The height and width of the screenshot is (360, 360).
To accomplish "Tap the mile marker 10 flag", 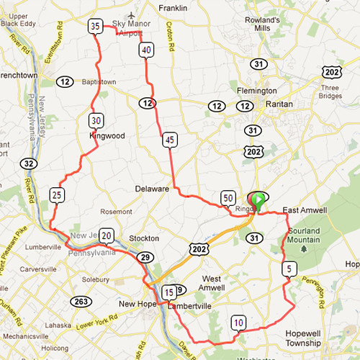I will coord(238,322).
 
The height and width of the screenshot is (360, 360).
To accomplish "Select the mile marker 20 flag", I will coord(107,235).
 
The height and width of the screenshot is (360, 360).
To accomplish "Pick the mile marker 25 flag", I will coord(58,194).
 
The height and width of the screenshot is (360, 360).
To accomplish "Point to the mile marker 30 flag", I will coord(96,120).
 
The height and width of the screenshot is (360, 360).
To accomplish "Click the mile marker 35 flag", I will coord(95,27).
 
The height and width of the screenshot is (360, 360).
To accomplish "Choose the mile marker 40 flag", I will coord(146,50).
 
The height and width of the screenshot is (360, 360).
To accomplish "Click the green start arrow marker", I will coord(258,198).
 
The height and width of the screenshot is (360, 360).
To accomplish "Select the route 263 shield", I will coord(80,301).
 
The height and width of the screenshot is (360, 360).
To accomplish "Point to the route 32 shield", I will coord(28,163).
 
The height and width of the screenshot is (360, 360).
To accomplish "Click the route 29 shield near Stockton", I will coord(145,257).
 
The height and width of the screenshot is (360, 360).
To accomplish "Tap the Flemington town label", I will coord(257,91).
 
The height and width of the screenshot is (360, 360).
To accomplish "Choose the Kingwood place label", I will coord(107,135).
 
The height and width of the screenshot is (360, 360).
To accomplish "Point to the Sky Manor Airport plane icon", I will coord(130,15).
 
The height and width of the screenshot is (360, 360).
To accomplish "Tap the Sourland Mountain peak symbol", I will coord(305,248).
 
